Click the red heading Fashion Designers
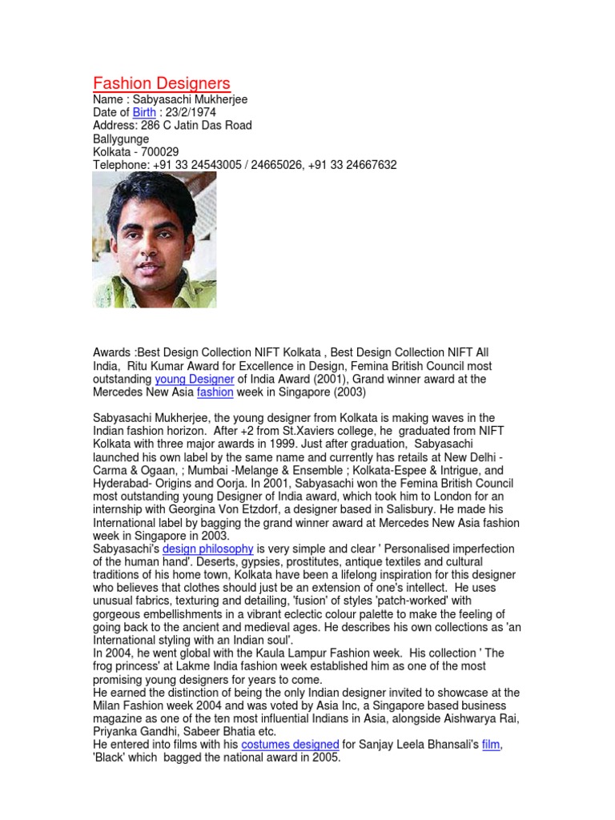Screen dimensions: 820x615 point(161,83)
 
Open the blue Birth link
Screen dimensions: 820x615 point(144,113)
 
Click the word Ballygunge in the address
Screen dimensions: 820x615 point(121,139)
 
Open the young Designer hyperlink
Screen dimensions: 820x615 point(195,379)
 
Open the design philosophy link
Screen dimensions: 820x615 point(208,549)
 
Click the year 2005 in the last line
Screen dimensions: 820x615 point(326,758)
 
